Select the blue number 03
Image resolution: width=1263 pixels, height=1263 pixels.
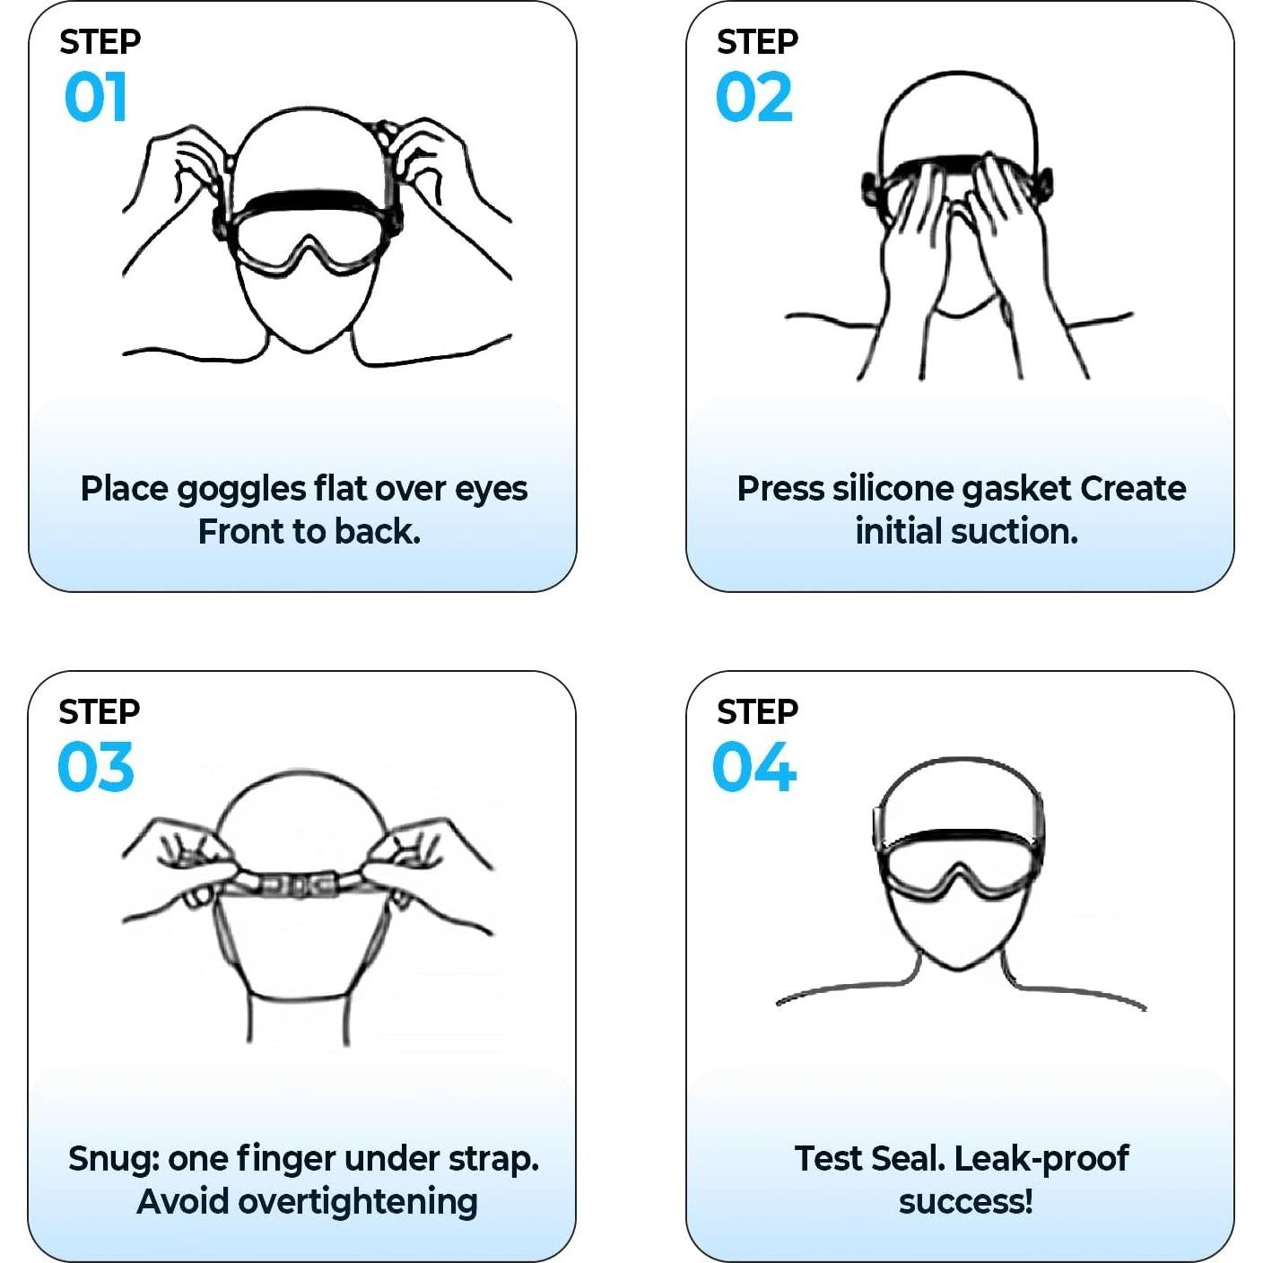click(x=95, y=767)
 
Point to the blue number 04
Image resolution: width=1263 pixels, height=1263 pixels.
click(x=753, y=767)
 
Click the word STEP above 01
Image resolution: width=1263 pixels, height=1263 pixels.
click(x=100, y=41)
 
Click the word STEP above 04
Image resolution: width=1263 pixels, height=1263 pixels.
click(x=757, y=711)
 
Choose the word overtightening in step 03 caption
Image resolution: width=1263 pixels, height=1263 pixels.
click(x=357, y=1202)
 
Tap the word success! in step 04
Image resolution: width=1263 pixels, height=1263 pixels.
click(x=965, y=1202)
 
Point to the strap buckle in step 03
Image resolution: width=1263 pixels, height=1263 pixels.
click(x=298, y=885)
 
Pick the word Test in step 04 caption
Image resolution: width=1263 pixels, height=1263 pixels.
click(x=824, y=1159)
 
